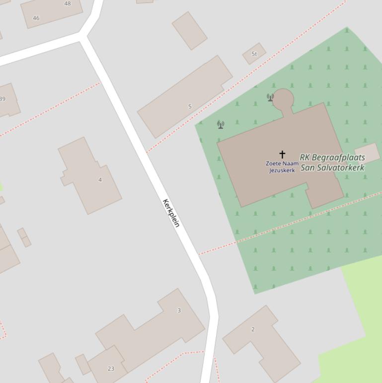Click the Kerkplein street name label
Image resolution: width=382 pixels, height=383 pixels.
tap(170, 213)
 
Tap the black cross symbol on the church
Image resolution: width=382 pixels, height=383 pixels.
tap(282, 154)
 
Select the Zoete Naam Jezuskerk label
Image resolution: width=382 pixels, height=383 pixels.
tap(282, 167)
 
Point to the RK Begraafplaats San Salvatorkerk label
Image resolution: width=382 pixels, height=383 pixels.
tap(332, 163)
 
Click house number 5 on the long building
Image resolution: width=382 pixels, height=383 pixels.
tap(190, 106)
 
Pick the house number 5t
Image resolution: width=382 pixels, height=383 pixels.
tap(254, 54)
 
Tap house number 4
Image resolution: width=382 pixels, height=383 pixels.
tap(100, 180)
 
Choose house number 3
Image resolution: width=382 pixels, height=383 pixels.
tap(179, 310)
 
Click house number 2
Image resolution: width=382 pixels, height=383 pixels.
tap(253, 329)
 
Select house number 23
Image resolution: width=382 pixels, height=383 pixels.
tap(111, 369)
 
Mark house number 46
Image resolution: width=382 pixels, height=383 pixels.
tap(36, 18)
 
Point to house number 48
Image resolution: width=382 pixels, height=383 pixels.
tap(68, 3)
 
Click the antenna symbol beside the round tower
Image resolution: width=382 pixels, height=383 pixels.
tap(270, 97)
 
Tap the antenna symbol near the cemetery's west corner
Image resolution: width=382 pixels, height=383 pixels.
tap(221, 124)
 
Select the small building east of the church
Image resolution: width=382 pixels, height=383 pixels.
tap(367, 153)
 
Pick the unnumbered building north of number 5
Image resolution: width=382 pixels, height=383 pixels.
tap(189, 30)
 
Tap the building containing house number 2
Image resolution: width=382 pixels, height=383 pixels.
tap(263, 343)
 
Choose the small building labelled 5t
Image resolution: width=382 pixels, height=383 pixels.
tap(254, 54)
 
